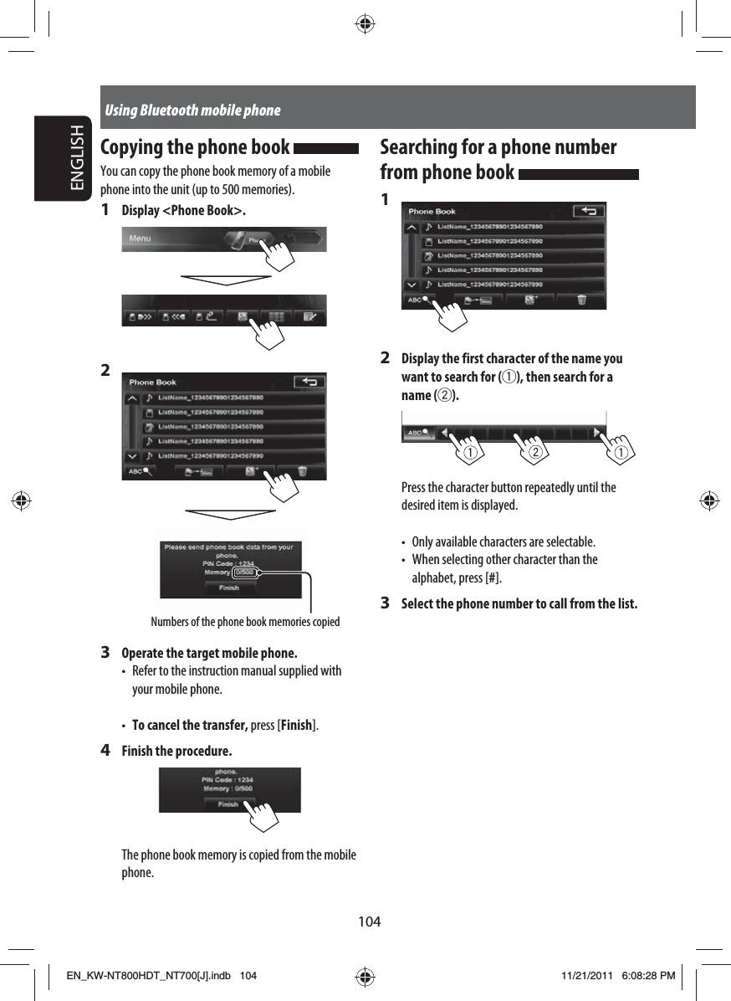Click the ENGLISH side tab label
tap(76, 159)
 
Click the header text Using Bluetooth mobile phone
tap(192, 110)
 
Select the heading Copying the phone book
tap(195, 147)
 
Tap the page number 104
tap(370, 921)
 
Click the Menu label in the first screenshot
tap(140, 239)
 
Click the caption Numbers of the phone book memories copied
tap(245, 622)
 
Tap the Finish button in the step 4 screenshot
tap(227, 804)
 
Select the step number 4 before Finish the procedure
tap(105, 750)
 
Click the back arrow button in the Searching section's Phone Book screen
tap(590, 212)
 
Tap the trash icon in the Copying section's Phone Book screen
tap(302, 471)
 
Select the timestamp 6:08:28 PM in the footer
tap(640, 976)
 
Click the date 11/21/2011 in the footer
tap(586, 976)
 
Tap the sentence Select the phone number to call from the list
tap(519, 604)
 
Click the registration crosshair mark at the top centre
tap(365, 23)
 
